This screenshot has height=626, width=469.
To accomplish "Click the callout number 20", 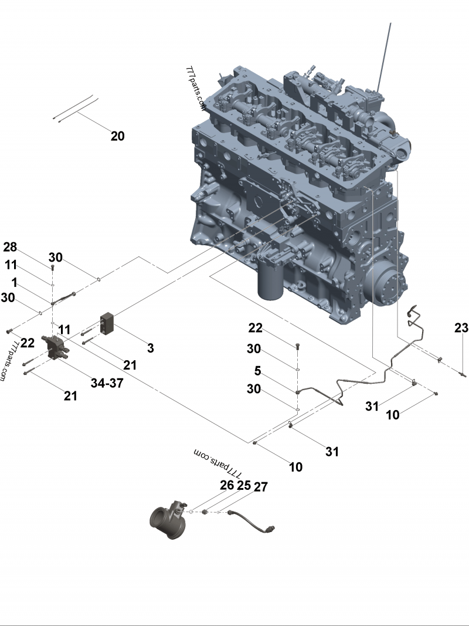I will [x=117, y=136].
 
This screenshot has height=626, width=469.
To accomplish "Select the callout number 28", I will [x=11, y=246].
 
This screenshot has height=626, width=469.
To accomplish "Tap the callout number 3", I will [x=151, y=348].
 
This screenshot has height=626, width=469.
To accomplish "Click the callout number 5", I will [x=257, y=371].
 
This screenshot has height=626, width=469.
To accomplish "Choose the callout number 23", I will [x=461, y=329].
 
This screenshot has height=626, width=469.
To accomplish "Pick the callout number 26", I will [x=227, y=486].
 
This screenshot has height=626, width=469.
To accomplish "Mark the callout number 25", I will [x=243, y=486].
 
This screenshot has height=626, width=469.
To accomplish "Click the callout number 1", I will [x=13, y=283].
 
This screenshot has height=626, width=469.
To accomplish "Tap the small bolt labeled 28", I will [x=53, y=267].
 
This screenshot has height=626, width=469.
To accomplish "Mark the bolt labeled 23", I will [x=463, y=374].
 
